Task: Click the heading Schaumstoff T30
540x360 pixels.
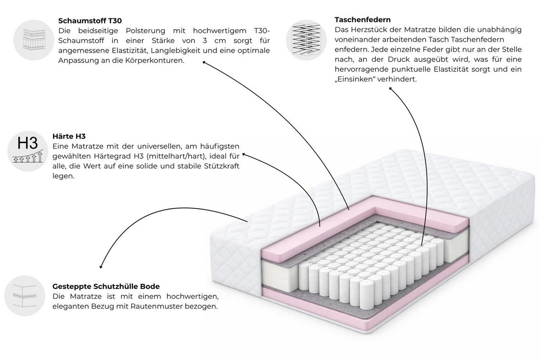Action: click(90, 21)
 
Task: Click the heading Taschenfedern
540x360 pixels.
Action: click(363, 19)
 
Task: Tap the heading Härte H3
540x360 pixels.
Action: click(69, 136)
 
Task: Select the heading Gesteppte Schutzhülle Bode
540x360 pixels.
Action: click(106, 287)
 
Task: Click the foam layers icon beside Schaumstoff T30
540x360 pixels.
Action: click(34, 40)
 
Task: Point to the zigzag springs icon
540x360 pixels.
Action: click(306, 40)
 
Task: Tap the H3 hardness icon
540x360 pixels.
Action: click(28, 151)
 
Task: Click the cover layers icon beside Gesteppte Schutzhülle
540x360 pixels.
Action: click(25, 296)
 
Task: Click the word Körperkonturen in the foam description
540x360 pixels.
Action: click(155, 60)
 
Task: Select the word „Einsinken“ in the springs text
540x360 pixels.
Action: click(355, 79)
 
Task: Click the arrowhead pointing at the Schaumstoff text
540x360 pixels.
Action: click(204, 63)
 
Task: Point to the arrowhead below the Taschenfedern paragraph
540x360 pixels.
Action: click(391, 89)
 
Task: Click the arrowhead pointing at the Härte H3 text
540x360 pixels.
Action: click(244, 154)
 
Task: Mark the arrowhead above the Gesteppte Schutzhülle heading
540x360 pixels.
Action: click(101, 267)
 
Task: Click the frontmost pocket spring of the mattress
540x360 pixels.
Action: click(367, 295)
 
